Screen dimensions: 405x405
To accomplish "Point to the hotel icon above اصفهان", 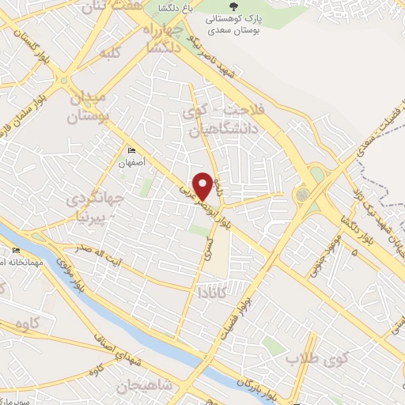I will (131, 151).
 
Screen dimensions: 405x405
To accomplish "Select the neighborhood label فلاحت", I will (241, 108).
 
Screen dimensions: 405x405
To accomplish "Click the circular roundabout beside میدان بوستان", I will (64, 80).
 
